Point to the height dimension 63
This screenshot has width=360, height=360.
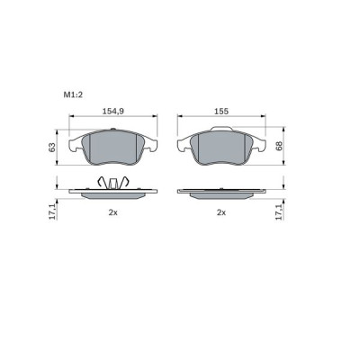[52, 146]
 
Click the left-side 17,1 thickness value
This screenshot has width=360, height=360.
[52, 212]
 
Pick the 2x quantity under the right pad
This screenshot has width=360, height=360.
[220, 212]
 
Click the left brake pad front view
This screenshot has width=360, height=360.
[115, 148]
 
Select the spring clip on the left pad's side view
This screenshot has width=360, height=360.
[114, 183]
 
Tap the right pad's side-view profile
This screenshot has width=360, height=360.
[221, 193]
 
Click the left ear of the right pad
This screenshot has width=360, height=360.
[182, 144]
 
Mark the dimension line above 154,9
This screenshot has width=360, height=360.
[112, 117]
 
